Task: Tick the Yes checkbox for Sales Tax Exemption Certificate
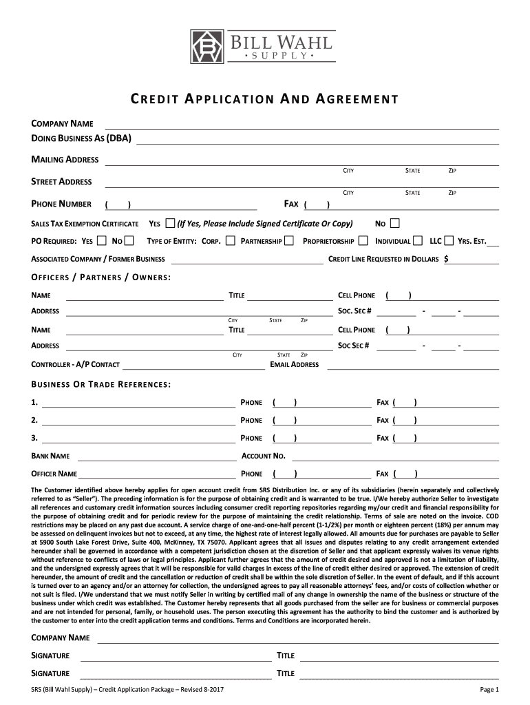pyautogui.click(x=171, y=223)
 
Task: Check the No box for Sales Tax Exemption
pyautogui.click(x=394, y=223)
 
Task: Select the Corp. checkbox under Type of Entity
pyautogui.click(x=230, y=241)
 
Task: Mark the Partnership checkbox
pyautogui.click(x=289, y=241)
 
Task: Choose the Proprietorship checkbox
pyautogui.click(x=362, y=241)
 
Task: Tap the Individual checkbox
pyautogui.click(x=418, y=241)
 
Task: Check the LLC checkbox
pyautogui.click(x=449, y=241)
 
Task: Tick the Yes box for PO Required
pyautogui.click(x=101, y=241)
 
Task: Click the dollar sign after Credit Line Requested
pyautogui.click(x=447, y=259)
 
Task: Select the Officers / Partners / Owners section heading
pyautogui.click(x=101, y=277)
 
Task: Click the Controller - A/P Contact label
pyautogui.click(x=76, y=364)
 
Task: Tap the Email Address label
pyautogui.click(x=295, y=364)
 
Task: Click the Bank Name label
pyautogui.click(x=51, y=456)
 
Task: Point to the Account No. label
pyautogui.click(x=264, y=456)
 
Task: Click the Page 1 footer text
pyautogui.click(x=489, y=690)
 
